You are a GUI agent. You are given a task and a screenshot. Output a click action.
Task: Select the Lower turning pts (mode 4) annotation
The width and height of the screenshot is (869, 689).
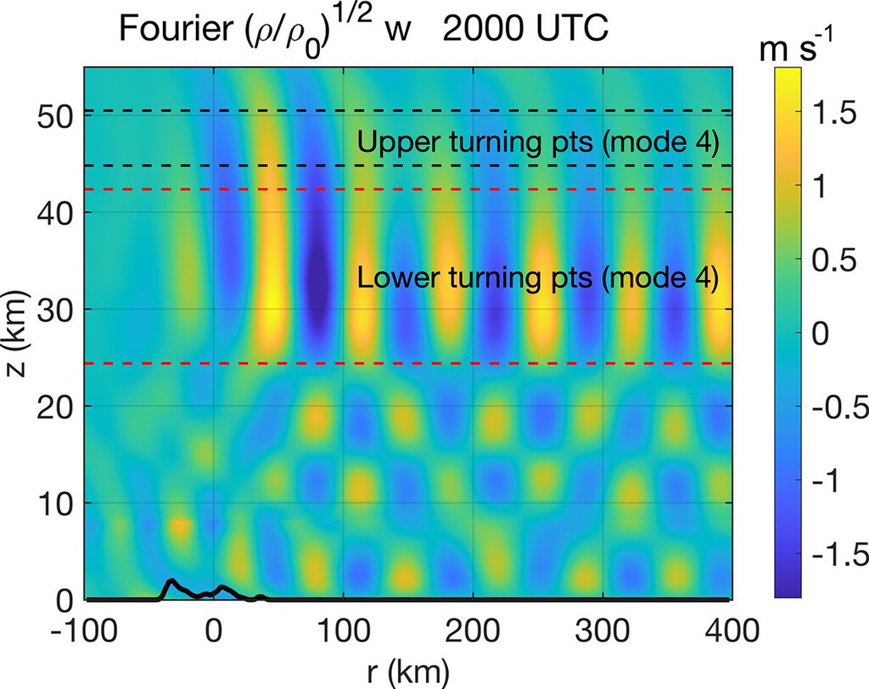coord(538,277)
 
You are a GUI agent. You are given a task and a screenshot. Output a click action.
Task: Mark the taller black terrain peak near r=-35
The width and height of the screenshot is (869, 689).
coord(171,583)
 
